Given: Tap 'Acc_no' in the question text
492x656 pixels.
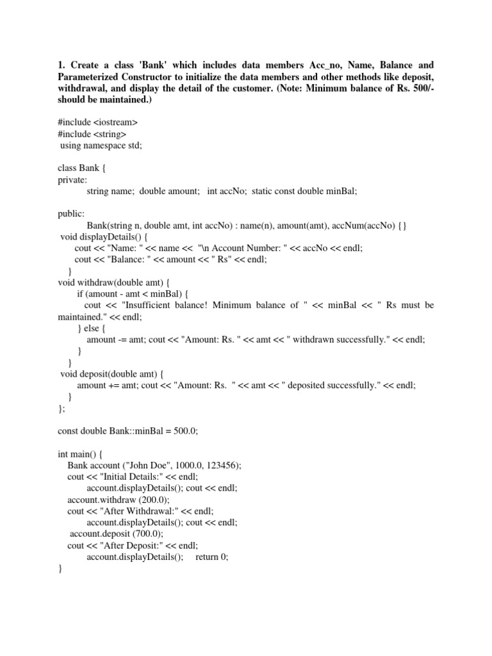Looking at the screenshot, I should click(347, 65).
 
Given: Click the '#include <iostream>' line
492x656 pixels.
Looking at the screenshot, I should click(97, 122).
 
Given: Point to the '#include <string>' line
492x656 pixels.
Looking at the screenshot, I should click(92, 134).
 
